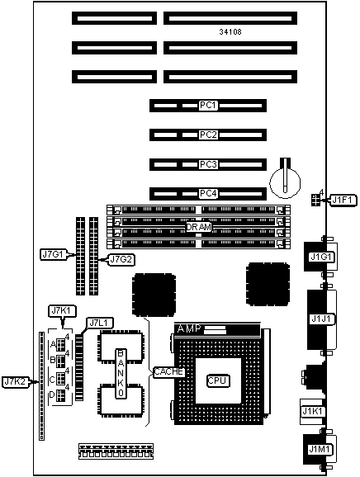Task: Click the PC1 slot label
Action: click(208, 106)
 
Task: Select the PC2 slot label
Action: click(208, 135)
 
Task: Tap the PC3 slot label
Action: click(208, 164)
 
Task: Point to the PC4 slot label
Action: click(208, 193)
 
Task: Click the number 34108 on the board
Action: click(230, 31)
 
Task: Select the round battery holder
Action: click(285, 182)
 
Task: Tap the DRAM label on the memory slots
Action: click(198, 227)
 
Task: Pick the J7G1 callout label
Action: click(54, 254)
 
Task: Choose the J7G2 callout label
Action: click(121, 259)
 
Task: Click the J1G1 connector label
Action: click(321, 257)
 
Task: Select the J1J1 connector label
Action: click(322, 319)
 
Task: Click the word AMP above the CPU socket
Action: click(189, 328)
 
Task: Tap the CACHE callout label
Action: click(169, 371)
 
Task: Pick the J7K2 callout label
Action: click(15, 382)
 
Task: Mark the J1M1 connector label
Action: click(320, 449)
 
